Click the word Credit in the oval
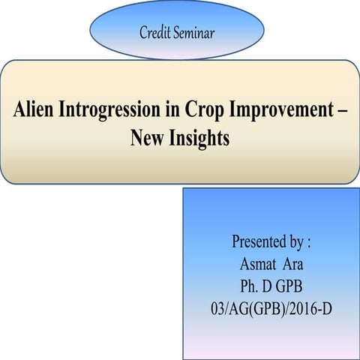coord(154,32)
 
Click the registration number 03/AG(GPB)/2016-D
coord(271,307)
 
